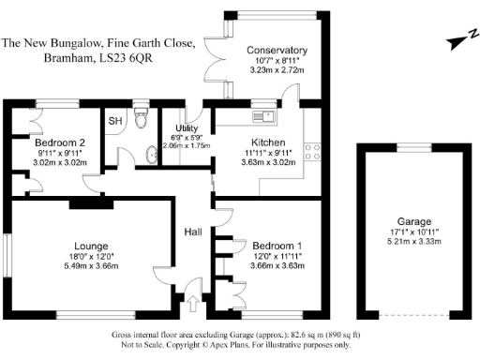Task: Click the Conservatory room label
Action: pos(277,50)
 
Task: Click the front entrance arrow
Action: pos(194,303)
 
